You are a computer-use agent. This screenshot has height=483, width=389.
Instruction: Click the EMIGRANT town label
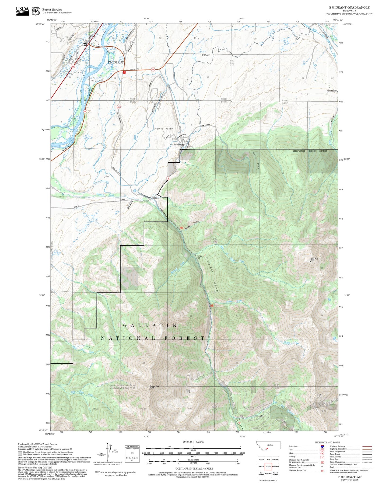[x=116, y=62]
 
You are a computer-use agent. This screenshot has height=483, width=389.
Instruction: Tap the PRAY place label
[x=206, y=55]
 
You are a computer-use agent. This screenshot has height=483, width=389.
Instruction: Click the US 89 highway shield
[x=73, y=66]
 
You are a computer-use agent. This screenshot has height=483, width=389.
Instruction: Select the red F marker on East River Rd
[x=124, y=72]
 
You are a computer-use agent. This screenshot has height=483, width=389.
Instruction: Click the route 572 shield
[x=118, y=107]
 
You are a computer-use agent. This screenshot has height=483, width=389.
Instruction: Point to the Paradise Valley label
[x=163, y=129]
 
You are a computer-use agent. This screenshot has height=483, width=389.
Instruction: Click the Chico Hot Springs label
[x=176, y=145]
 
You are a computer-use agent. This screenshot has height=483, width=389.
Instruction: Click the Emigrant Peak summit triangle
[x=149, y=389]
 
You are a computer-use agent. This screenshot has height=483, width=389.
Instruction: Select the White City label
[x=199, y=257]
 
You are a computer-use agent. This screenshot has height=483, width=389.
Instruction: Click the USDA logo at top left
[x=23, y=10]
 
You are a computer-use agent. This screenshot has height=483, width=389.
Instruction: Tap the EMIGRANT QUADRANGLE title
[x=349, y=8]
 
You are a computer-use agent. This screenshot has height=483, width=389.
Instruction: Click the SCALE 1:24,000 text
[x=193, y=442]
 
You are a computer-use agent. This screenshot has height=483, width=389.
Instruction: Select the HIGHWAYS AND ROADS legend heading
[x=327, y=442]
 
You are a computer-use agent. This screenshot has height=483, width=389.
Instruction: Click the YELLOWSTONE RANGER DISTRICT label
[x=310, y=151]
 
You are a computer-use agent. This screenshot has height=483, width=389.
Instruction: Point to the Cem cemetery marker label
[x=107, y=176]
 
